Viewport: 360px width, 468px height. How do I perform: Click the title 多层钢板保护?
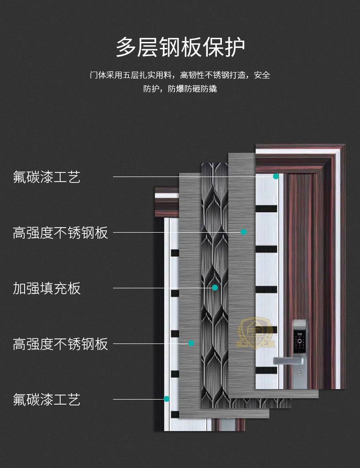[x=180, y=47]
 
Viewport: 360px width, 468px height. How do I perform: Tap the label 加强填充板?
[x=46, y=288]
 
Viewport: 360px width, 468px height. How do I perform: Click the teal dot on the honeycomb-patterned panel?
[x=215, y=288]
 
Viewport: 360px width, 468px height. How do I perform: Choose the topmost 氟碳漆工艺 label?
[x=46, y=177]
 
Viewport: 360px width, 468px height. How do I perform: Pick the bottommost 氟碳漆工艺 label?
[x=46, y=400]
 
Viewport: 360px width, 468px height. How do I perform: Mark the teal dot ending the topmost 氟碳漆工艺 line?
[x=276, y=177]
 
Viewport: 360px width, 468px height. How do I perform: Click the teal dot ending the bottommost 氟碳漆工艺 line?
[x=166, y=399]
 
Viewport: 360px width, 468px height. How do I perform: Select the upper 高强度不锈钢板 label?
[x=60, y=233]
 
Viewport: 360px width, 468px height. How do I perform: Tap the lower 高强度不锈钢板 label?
[x=60, y=344]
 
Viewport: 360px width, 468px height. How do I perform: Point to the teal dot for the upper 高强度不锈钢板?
[x=243, y=232]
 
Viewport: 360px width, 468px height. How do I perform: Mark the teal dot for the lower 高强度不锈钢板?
[x=191, y=343]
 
